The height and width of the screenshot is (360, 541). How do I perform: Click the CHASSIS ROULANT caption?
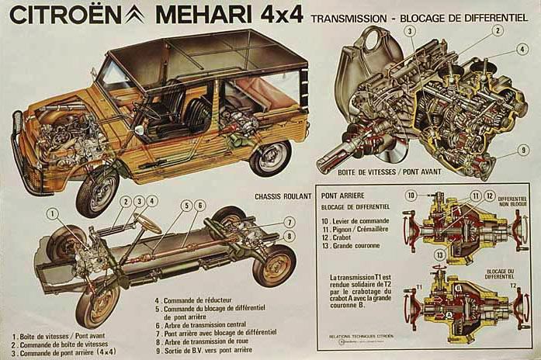point(283,196)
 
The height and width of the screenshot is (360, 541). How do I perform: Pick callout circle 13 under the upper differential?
point(439,254)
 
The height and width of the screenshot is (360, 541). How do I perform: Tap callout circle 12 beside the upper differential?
point(490,196)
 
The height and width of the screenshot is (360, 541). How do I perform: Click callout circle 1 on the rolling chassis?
point(53,213)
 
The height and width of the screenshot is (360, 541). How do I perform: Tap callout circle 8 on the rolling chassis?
point(290,236)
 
